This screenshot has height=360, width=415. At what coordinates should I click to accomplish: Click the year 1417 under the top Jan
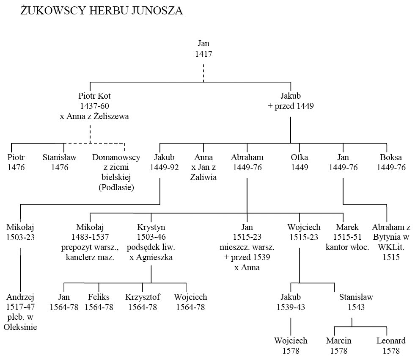point(203,54)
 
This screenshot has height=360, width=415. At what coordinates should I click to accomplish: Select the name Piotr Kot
point(94,96)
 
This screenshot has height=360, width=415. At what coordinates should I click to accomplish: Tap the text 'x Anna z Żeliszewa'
point(94,116)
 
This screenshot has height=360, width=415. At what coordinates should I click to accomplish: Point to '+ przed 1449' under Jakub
point(291,106)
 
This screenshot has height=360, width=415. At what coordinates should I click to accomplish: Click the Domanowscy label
point(116,158)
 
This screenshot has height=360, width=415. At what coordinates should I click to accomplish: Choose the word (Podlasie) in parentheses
point(116,188)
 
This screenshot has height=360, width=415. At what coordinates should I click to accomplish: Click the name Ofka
point(300,158)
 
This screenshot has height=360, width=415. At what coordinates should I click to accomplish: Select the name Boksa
point(391,158)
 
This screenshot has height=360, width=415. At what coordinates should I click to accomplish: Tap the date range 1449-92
point(165,167)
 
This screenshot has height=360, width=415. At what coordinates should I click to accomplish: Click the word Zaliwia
point(203,177)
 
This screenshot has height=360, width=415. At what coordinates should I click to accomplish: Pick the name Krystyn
point(151,227)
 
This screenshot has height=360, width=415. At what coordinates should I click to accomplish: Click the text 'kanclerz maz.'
point(90,257)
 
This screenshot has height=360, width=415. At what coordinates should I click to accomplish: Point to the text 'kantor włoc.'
point(347,247)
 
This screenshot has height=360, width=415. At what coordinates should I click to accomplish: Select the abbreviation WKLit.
point(391,247)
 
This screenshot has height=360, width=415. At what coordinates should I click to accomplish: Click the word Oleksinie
point(20,327)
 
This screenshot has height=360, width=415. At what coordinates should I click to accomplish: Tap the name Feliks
point(99,297)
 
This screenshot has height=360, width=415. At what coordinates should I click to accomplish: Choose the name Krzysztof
point(143,297)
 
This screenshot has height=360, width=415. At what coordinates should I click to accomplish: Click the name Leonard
point(391,341)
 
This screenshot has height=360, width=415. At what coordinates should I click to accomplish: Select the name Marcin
point(338,341)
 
